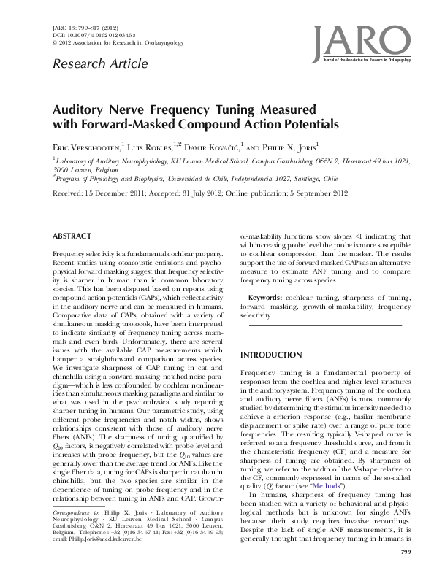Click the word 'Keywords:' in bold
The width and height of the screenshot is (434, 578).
265,298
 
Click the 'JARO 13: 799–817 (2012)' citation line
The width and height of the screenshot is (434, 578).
85,26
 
